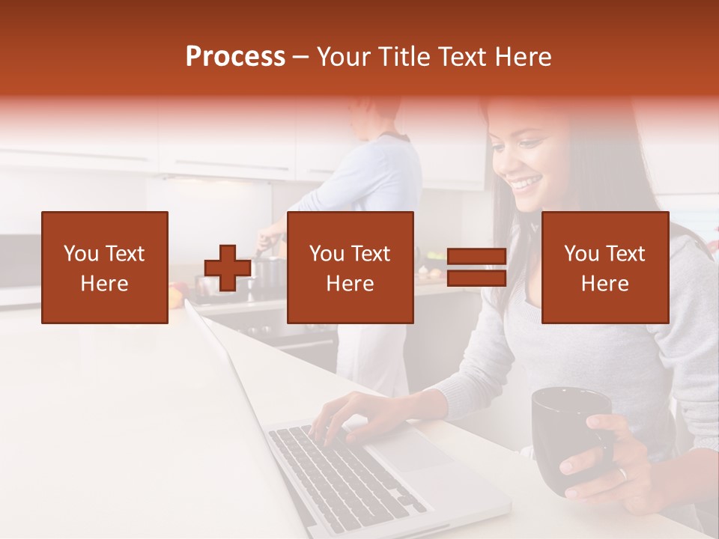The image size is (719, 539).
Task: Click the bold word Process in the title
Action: [x=235, y=57]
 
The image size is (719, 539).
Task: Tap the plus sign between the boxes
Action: [x=228, y=268]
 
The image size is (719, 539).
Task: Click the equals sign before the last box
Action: [x=476, y=267]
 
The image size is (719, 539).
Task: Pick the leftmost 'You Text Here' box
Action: [x=105, y=267]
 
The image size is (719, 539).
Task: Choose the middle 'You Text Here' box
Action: [x=350, y=267]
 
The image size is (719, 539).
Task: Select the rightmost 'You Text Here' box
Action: [x=604, y=267]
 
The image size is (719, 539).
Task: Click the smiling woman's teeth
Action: [x=528, y=182]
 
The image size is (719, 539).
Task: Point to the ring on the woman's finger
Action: [x=622, y=474]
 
